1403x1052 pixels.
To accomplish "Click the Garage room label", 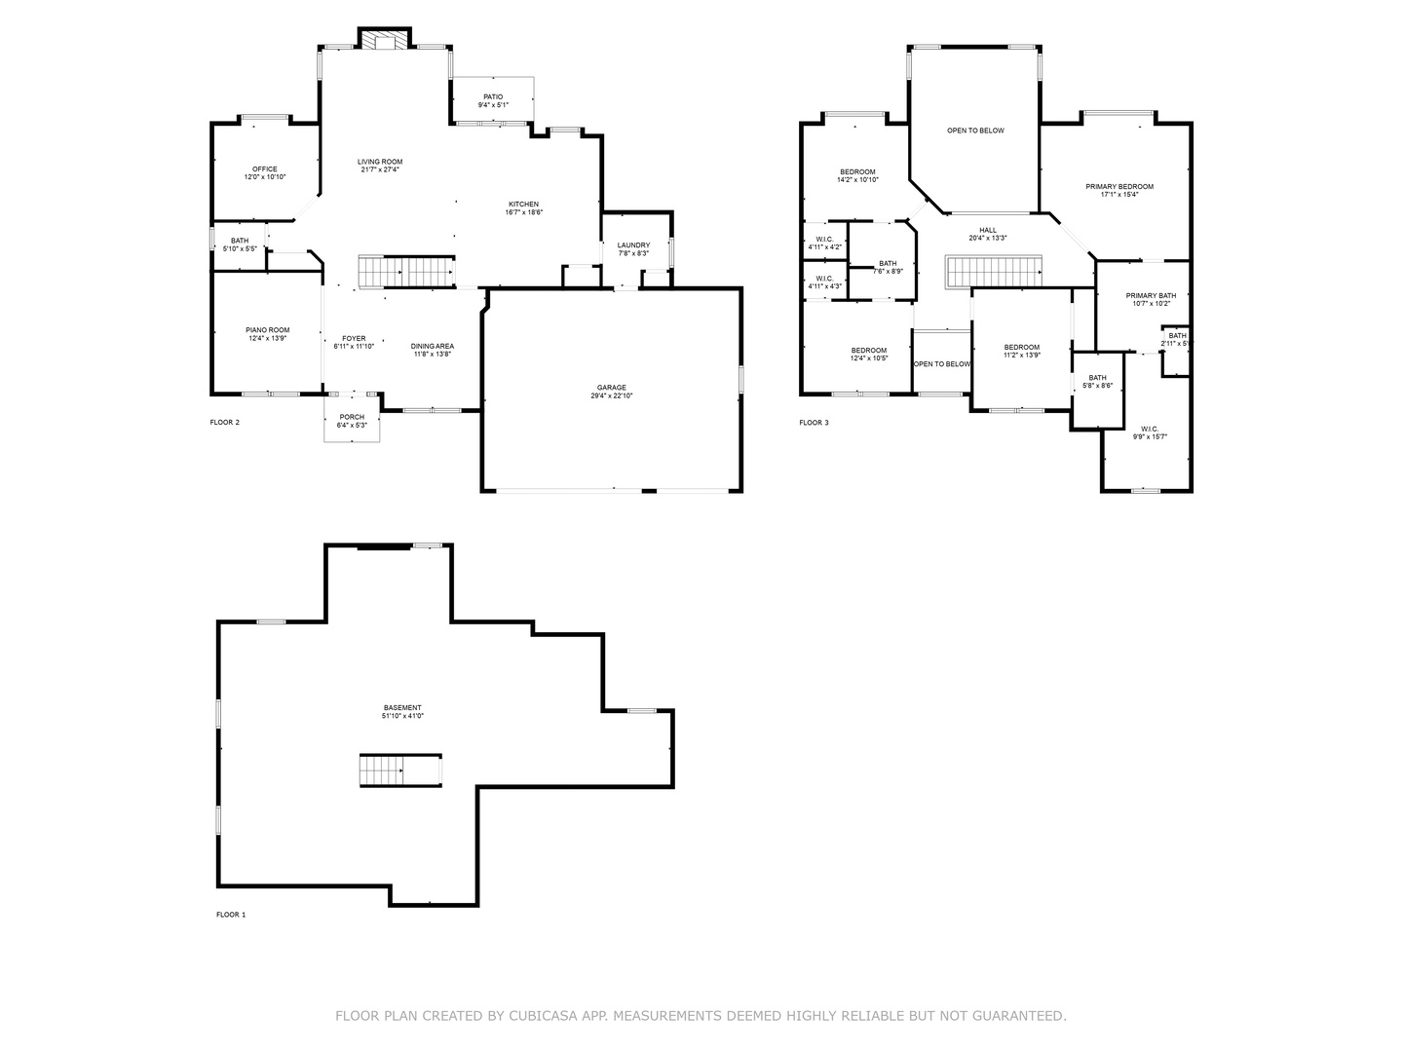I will [x=612, y=387].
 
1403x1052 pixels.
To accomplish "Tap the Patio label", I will [x=493, y=96].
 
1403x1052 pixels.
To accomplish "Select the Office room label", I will [x=265, y=169].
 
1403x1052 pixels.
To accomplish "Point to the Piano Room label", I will [x=267, y=330].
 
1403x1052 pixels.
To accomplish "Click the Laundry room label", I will [x=633, y=245].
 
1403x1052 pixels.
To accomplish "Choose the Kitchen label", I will [x=523, y=205].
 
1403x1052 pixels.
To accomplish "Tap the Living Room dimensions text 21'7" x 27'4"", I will [x=379, y=169].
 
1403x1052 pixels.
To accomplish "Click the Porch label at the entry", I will [x=352, y=417].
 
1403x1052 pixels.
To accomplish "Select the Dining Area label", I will [x=432, y=346].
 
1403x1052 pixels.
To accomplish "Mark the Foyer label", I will [x=354, y=338].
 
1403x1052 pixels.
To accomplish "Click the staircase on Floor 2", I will [x=406, y=272].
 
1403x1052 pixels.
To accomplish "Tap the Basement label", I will [x=402, y=708].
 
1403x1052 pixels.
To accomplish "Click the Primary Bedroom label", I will [x=1119, y=186].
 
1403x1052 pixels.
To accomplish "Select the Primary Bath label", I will [x=1151, y=295].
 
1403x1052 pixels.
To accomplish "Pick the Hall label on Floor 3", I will [x=988, y=230].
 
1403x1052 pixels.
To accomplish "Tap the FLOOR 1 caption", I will [x=231, y=915].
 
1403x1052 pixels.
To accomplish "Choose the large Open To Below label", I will [x=975, y=131].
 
